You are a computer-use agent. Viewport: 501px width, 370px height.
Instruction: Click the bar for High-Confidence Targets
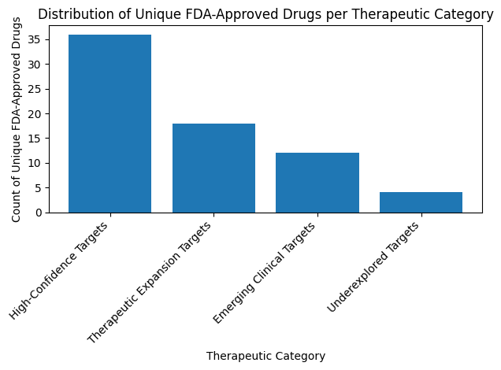point(110,124)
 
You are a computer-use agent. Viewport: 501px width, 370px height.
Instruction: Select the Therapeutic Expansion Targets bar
point(213,168)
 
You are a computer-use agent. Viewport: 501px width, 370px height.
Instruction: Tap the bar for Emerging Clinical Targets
point(317,183)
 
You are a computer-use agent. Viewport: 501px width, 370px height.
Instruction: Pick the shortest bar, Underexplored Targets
point(421,202)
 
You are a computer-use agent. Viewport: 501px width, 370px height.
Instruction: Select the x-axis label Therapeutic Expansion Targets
point(151,282)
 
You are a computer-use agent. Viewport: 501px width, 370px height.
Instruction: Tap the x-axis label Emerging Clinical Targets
point(265,272)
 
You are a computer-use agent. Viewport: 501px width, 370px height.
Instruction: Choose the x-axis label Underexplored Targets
point(373,266)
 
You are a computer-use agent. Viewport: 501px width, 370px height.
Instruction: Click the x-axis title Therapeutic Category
point(265,356)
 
